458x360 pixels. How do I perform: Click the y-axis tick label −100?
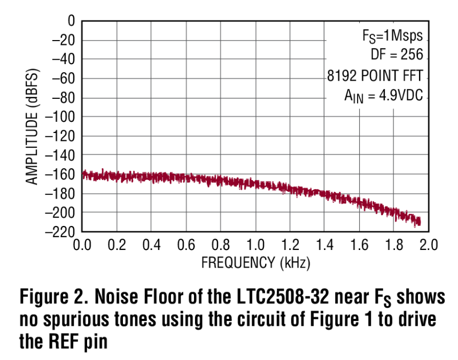point(61,117)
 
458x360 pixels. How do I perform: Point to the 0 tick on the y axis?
point(71,21)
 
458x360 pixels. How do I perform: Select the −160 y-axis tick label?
point(61,175)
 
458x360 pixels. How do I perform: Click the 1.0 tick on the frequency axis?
point(255,245)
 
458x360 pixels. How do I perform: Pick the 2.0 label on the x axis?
point(428,245)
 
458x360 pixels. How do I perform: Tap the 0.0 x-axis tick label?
point(82,245)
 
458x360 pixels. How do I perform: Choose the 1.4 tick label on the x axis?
point(324,245)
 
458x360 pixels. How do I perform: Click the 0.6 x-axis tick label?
point(186,245)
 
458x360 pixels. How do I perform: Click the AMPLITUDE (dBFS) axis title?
point(33,127)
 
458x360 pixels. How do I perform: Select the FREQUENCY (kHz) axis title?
point(255,263)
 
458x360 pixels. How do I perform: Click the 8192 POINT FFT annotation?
point(378,75)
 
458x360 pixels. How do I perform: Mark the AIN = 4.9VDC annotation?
point(383,96)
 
